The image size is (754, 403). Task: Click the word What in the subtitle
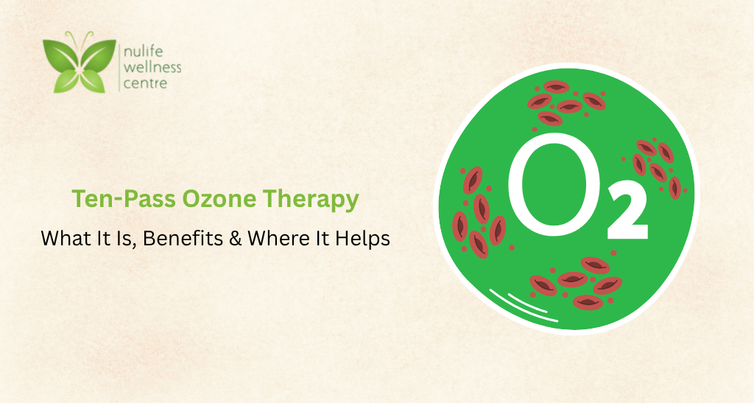tap(63, 239)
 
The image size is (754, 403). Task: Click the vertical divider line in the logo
tap(120, 68)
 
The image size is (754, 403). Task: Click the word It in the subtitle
tap(99, 239)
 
